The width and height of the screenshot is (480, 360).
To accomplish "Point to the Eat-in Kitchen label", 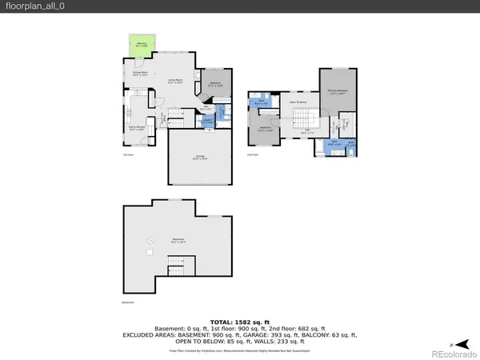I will (135, 128).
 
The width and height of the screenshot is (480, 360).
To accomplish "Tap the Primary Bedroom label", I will (339, 92).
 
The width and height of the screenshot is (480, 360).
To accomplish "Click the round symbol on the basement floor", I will (148, 241).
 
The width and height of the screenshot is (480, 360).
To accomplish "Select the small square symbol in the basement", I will (149, 252).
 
